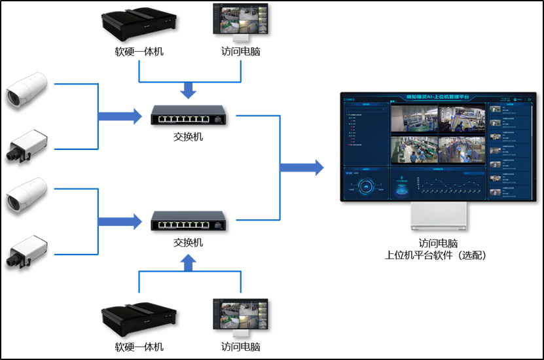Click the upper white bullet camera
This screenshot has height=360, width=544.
click(x=27, y=90)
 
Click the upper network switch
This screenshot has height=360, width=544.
click(x=188, y=115)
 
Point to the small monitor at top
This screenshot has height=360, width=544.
click(x=241, y=21)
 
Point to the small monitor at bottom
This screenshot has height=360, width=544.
click(x=241, y=317)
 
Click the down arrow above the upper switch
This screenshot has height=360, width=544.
click(x=189, y=90)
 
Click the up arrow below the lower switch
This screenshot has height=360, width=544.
click(x=189, y=263)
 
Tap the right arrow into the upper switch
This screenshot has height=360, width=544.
click(x=120, y=117)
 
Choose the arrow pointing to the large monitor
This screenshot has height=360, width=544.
click(x=302, y=168)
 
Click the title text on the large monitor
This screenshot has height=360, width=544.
click(x=438, y=97)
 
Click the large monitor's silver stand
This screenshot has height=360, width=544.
click(x=439, y=216)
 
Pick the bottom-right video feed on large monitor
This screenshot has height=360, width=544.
click(x=462, y=149)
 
